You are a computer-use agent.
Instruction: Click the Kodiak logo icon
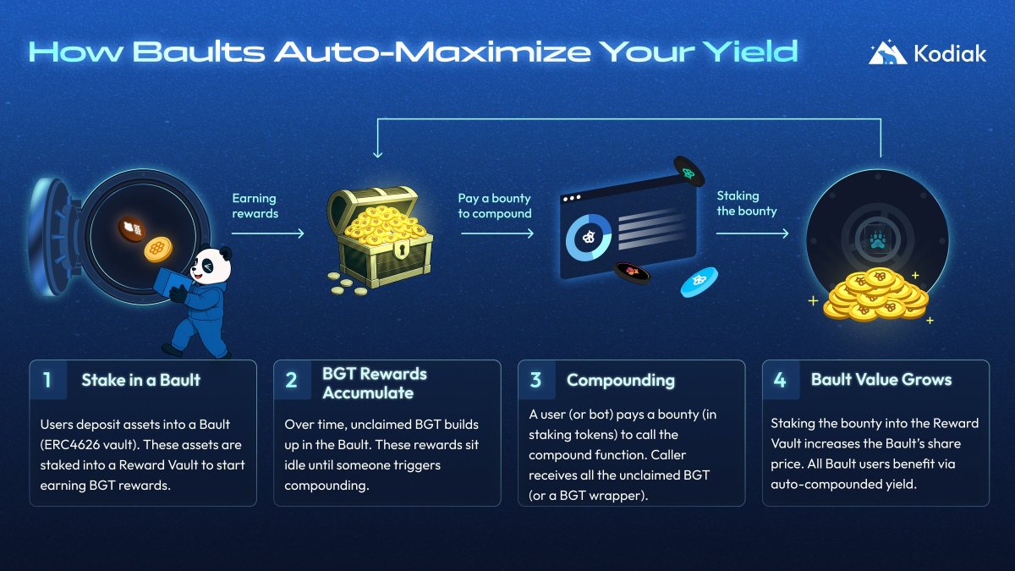tap(887, 52)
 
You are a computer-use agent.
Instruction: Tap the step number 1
tap(47, 380)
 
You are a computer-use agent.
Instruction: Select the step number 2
tap(291, 380)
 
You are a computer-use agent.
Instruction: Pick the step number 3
tap(535, 380)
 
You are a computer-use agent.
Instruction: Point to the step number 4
tap(780, 380)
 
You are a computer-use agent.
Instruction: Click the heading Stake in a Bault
tap(141, 380)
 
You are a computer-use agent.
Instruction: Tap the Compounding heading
tap(621, 381)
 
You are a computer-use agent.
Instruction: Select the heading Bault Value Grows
tap(881, 379)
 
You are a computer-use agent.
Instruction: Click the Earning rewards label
tap(255, 206)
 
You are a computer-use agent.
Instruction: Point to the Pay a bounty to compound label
tap(494, 206)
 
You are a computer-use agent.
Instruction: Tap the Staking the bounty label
tap(746, 204)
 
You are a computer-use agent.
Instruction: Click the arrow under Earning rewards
tap(268, 233)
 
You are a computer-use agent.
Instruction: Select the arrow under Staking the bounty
tap(752, 233)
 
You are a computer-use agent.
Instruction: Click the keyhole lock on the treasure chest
tap(401, 249)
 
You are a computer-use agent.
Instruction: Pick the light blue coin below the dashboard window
tap(700, 282)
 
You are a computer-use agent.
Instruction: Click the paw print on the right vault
tap(878, 240)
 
